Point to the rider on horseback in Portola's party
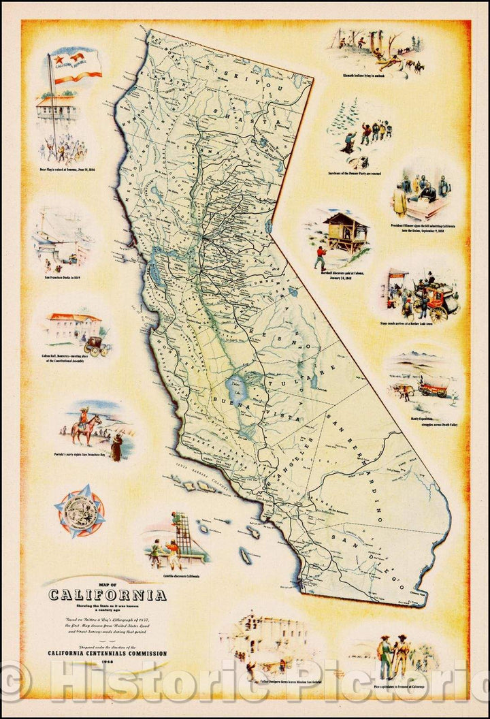[88, 426]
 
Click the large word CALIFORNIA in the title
[107, 595]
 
